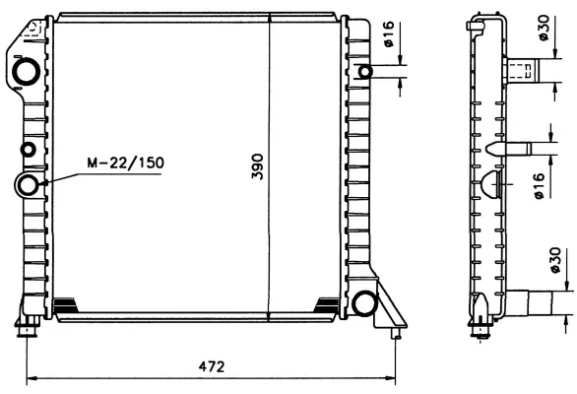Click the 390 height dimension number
[257, 163]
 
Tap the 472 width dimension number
[211, 366]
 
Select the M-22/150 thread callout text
[123, 162]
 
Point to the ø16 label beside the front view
[389, 40]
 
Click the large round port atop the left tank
[29, 71]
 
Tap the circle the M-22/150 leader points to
[29, 184]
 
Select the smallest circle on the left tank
[28, 150]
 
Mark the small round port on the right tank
[364, 72]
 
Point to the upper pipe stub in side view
[520, 71]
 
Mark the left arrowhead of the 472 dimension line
[30, 377]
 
